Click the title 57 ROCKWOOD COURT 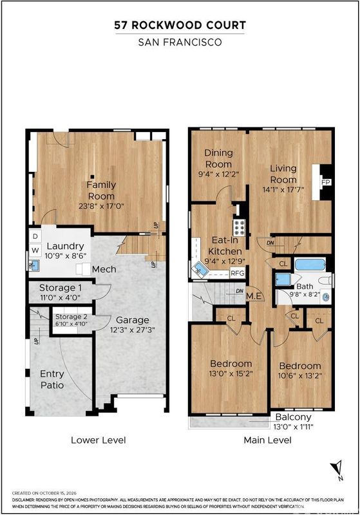point(180,26)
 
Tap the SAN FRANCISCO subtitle point(180,42)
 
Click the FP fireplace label point(325,182)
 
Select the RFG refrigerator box point(238,272)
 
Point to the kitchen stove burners point(239,227)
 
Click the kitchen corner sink point(200,270)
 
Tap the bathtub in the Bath point(310,265)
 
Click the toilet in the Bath point(325,281)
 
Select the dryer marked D point(35,236)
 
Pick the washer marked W point(35,250)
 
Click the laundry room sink point(34,265)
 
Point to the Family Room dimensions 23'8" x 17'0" point(101,207)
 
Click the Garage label point(133,320)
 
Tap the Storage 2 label point(71,317)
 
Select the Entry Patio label point(52,379)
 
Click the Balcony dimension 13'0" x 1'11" point(293,427)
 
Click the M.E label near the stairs point(254,296)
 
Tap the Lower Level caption point(99,440)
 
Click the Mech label point(104,269)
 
